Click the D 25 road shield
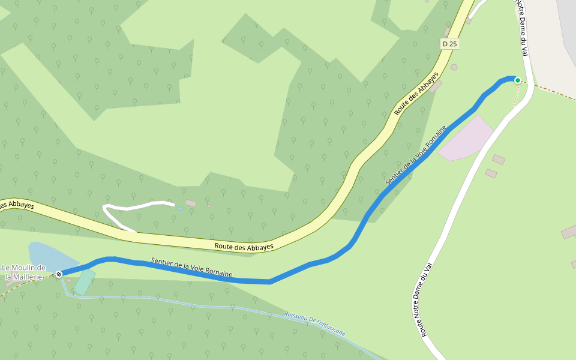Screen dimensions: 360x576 click(x=450, y=44)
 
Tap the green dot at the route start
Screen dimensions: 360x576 click(x=517, y=80)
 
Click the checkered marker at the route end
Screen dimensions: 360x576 click(x=59, y=274)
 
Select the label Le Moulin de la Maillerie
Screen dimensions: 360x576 click(x=24, y=272)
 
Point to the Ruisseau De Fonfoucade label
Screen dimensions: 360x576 click(x=314, y=325)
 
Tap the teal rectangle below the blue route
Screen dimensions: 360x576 click(x=85, y=283)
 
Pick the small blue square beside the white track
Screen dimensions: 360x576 click(x=179, y=208)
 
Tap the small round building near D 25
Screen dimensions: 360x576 click(x=454, y=67)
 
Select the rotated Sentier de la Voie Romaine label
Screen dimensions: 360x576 click(x=416, y=155)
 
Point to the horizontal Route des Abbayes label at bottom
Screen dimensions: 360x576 click(x=244, y=246)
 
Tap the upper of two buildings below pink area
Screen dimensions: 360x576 click(x=499, y=159)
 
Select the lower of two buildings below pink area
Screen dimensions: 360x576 click(x=491, y=173)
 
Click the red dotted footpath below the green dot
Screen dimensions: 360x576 click(x=516, y=96)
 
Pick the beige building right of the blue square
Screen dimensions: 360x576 click(x=191, y=203)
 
